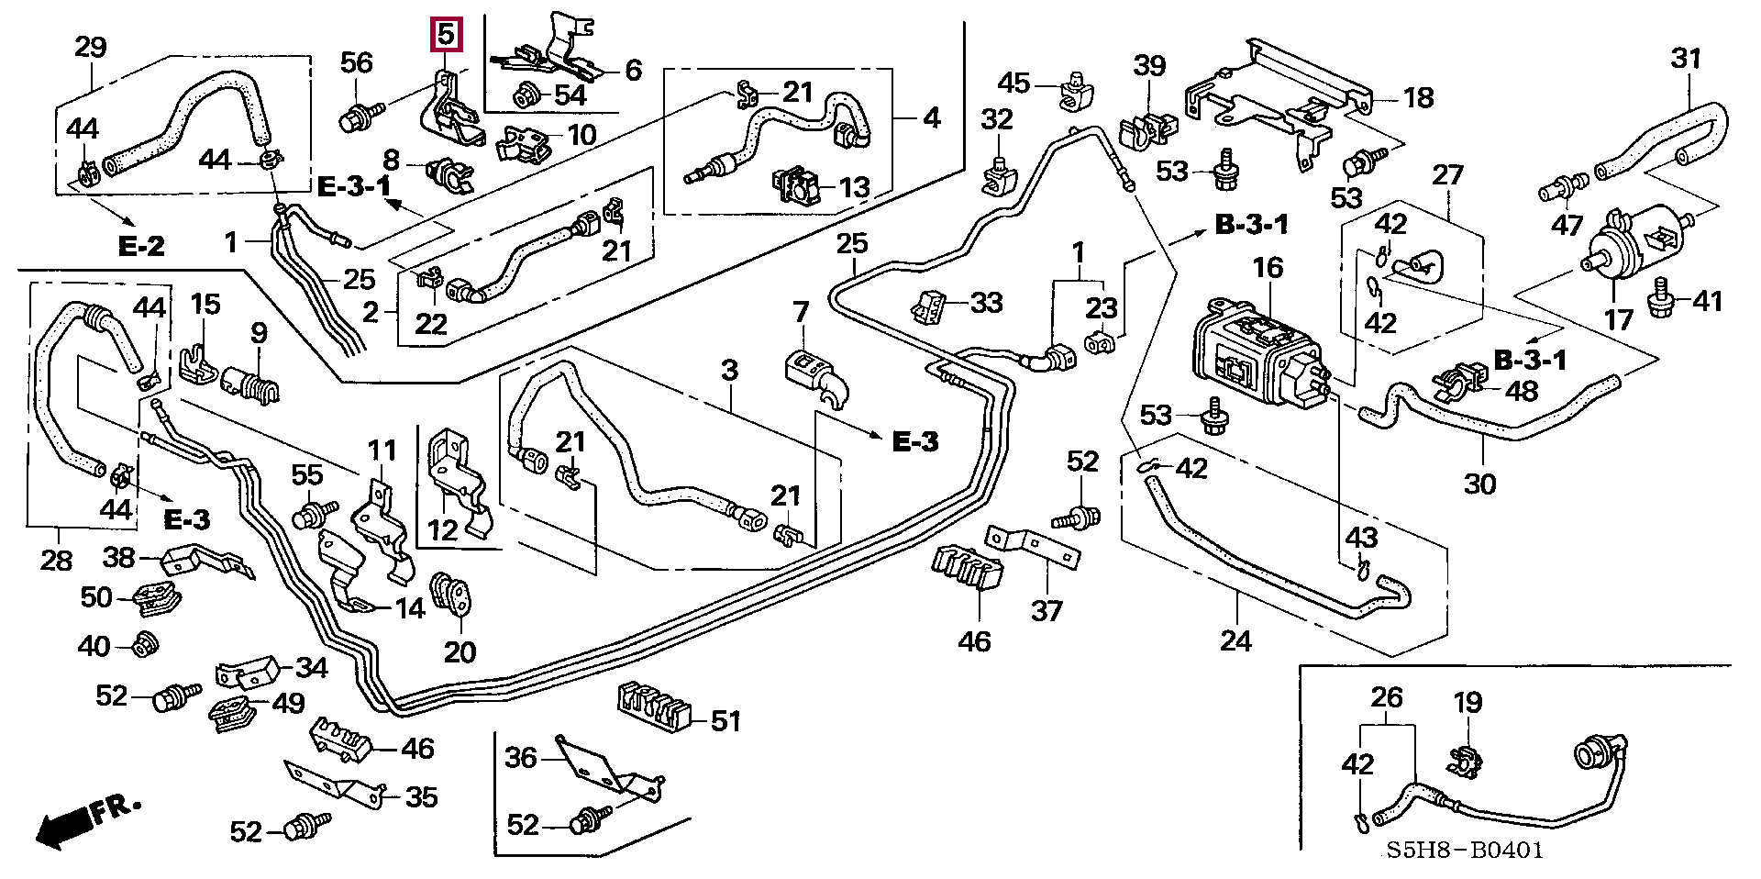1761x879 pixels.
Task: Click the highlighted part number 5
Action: pyautogui.click(x=446, y=36)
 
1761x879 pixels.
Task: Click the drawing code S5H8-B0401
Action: pyautogui.click(x=1465, y=851)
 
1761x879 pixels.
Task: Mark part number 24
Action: pyautogui.click(x=1235, y=640)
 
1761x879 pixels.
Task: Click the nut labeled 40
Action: pyautogui.click(x=144, y=645)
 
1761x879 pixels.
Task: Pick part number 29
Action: pyautogui.click(x=90, y=47)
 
